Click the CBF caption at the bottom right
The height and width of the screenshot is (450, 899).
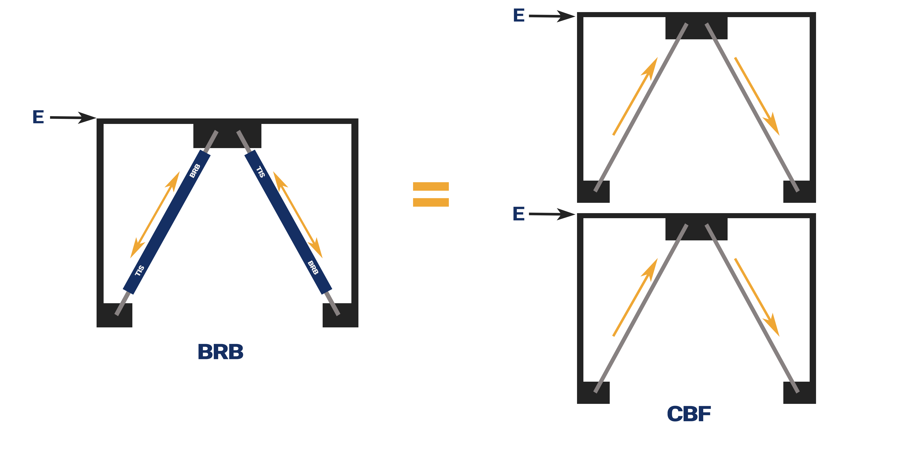coord(689,414)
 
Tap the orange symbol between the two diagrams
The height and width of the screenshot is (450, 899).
coord(431,194)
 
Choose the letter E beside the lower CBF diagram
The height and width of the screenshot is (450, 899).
coord(519,214)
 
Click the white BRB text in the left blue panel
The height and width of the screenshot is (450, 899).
coord(195,171)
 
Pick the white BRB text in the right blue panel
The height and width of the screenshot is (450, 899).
coord(313,268)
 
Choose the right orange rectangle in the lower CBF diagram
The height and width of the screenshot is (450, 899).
coord(757,297)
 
